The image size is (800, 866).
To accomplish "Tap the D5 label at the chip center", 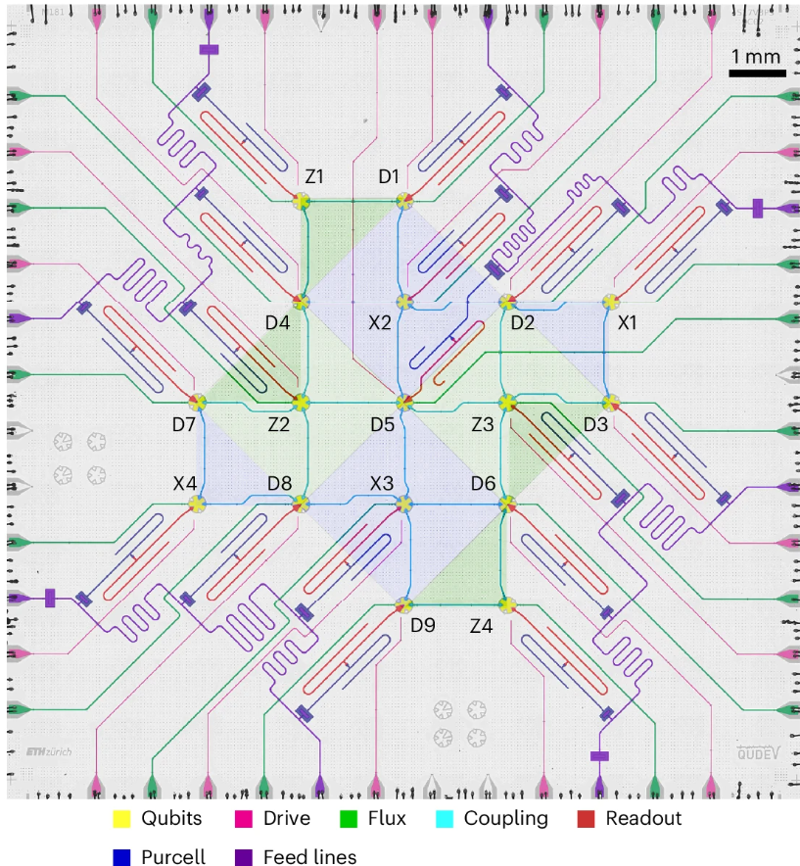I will click(382, 423).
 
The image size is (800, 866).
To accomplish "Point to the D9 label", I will click(423, 624).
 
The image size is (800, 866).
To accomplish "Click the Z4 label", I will click(481, 624).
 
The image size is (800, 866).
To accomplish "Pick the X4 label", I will click(186, 483).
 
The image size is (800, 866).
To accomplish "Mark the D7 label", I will click(184, 423).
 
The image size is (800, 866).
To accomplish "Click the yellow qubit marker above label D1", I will click(402, 201).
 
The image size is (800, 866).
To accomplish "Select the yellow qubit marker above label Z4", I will click(507, 604).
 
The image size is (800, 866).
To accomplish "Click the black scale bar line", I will click(757, 72).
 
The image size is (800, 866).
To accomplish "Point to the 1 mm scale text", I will click(757, 56).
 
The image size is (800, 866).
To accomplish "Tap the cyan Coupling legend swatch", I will click(447, 819).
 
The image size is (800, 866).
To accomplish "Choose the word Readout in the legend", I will click(643, 819).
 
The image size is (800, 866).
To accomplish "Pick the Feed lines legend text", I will click(309, 855).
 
